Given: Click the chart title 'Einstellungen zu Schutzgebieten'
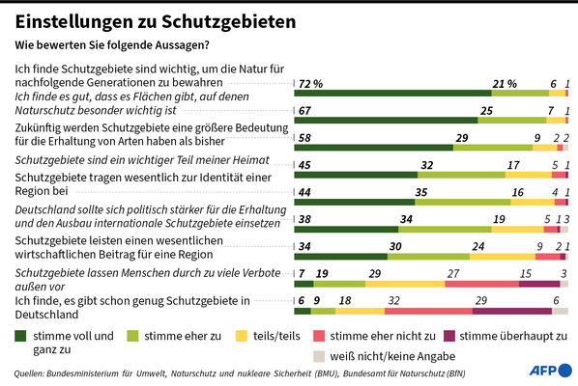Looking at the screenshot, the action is tap(156, 21).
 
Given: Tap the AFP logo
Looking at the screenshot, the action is tap(551, 371).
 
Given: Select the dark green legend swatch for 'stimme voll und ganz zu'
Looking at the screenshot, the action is tap(20, 336).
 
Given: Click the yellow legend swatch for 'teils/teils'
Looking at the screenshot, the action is tap(242, 336).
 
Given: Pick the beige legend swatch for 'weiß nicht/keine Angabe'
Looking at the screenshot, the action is tap(319, 356).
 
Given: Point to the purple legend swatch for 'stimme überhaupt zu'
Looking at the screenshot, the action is tap(449, 336).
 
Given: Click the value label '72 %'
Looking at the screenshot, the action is tap(310, 84).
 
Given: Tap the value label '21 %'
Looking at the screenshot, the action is tap(505, 84).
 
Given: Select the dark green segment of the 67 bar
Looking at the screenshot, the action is tap(386, 121).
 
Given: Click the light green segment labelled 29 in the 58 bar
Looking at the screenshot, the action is tap(493, 148).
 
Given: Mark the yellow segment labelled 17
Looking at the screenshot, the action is tap(529, 175).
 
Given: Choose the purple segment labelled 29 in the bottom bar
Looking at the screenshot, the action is tap(512, 312).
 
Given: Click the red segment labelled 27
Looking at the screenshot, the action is tap(481, 284).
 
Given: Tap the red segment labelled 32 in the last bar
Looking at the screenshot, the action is tap(429, 312).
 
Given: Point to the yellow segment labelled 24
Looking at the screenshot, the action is tap(503, 257).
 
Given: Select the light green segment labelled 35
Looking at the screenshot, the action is tap(463, 202).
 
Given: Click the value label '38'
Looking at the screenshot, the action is tap(304, 220).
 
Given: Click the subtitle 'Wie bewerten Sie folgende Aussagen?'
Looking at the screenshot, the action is tap(112, 45).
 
